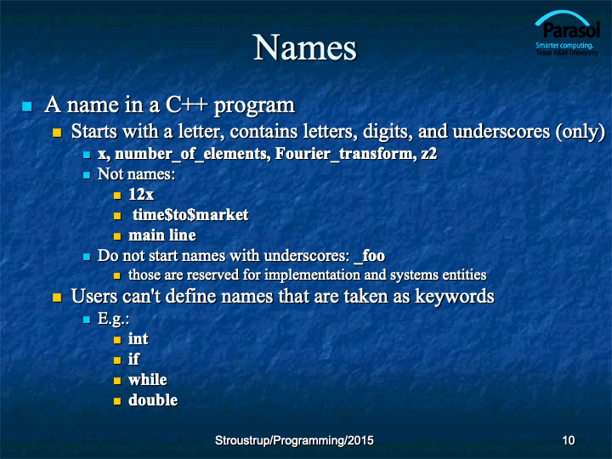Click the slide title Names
(x=305, y=48)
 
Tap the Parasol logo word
(x=571, y=31)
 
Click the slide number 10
(x=569, y=440)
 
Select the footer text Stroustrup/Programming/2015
(x=294, y=440)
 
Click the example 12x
(x=141, y=195)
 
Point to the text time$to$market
(x=190, y=215)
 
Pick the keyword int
(x=139, y=338)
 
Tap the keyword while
(x=148, y=379)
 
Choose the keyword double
(x=153, y=399)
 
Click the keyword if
(x=133, y=359)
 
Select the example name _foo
(x=369, y=256)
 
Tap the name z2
(x=429, y=154)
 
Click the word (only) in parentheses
(x=580, y=132)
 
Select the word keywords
(x=454, y=297)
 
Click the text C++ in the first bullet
(x=186, y=105)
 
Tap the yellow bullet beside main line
(x=117, y=236)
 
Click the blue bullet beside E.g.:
(x=87, y=320)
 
